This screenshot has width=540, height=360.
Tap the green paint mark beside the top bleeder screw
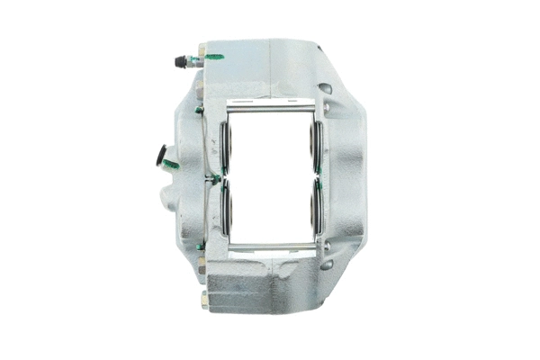[x=214, y=58]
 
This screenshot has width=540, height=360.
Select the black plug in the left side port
[x=163, y=154]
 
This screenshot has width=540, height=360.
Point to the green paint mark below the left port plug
[x=170, y=165]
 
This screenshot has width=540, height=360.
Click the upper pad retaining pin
[x=270, y=109]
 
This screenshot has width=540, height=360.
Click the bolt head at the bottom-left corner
[x=204, y=300]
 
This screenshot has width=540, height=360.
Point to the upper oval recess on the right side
[x=326, y=89]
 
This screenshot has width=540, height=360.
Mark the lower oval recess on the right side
[x=326, y=265]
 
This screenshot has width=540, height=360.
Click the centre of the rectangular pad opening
[x=270, y=178]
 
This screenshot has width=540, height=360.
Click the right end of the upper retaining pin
[x=316, y=109]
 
